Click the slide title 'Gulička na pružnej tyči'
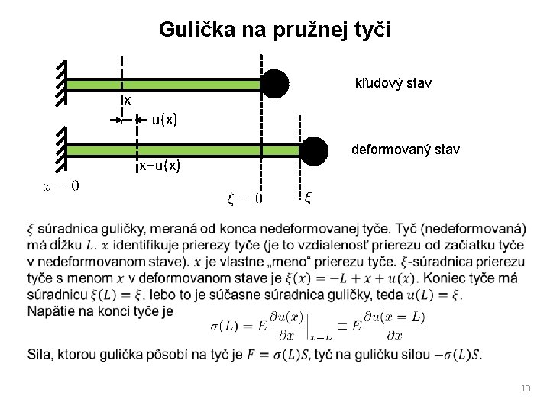(274, 30)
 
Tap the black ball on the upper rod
(275, 83)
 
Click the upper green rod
(164, 83)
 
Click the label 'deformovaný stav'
(405, 150)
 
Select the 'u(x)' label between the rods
(164, 120)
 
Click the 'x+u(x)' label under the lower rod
(159, 166)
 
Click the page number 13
(525, 389)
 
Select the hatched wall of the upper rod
(61, 83)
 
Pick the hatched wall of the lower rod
(61, 150)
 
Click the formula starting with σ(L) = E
(316, 326)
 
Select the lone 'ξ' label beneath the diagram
(308, 198)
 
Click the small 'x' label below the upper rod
(128, 101)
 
